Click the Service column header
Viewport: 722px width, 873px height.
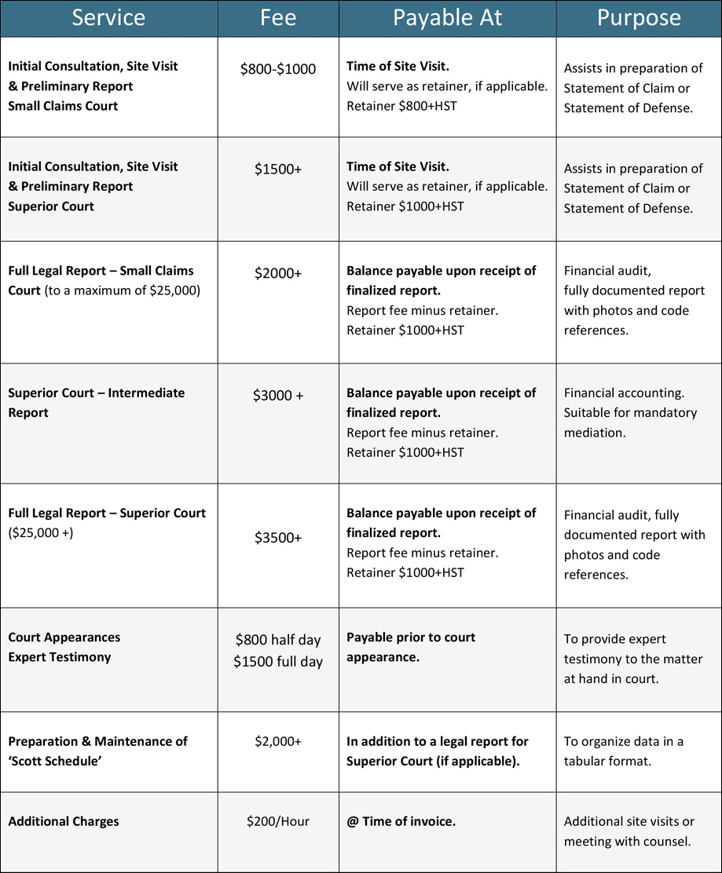pos(108,18)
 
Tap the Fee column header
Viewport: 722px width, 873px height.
pos(278,18)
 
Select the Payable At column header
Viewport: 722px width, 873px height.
pos(447,18)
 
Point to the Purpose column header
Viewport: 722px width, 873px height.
pos(638,18)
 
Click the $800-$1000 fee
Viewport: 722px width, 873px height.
pos(278,69)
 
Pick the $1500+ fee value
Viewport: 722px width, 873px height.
pos(278,169)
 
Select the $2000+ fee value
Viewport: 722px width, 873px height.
pos(278,273)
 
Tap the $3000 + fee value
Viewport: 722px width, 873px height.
pos(278,396)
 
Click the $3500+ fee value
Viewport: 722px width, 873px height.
pos(278,538)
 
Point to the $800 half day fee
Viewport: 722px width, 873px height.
pos(278,641)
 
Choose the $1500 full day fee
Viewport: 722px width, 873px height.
pos(278,662)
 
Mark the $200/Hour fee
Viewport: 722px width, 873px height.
pos(278,821)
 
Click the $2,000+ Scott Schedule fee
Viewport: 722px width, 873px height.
pos(278,741)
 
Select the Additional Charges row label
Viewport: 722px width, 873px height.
pos(64,821)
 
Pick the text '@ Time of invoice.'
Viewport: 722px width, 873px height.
pos(401,821)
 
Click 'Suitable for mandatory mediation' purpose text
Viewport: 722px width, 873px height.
pos(630,422)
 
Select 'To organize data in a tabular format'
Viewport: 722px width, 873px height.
pos(624,751)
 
